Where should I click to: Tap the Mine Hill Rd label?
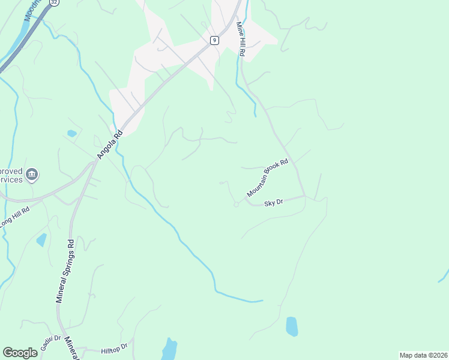coord(241,40)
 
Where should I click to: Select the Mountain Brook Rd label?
coord(272,179)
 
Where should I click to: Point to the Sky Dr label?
coord(274,203)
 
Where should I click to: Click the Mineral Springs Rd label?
coord(65,271)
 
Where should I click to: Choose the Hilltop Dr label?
coord(114,347)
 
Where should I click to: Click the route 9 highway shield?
coord(214,40)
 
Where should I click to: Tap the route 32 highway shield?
coord(55,2)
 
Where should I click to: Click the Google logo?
coord(20,353)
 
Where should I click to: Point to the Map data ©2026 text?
coord(423,355)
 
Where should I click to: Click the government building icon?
coord(32,175)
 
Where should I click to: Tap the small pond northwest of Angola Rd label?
coord(72,133)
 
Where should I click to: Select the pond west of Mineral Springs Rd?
coord(41,240)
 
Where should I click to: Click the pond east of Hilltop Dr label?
coord(169,349)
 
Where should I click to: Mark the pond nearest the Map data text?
coord(292,326)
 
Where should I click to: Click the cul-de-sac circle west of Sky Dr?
coord(236,205)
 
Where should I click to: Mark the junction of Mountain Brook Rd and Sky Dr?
coord(304,196)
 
